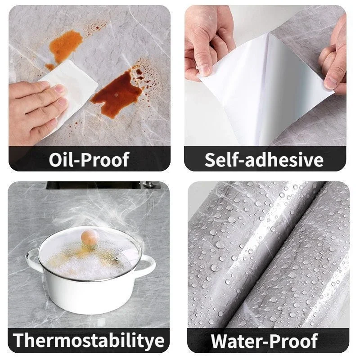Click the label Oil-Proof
coord(89,160)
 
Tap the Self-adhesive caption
coord(264,160)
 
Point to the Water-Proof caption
coord(264,341)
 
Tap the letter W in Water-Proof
coord(220,341)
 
